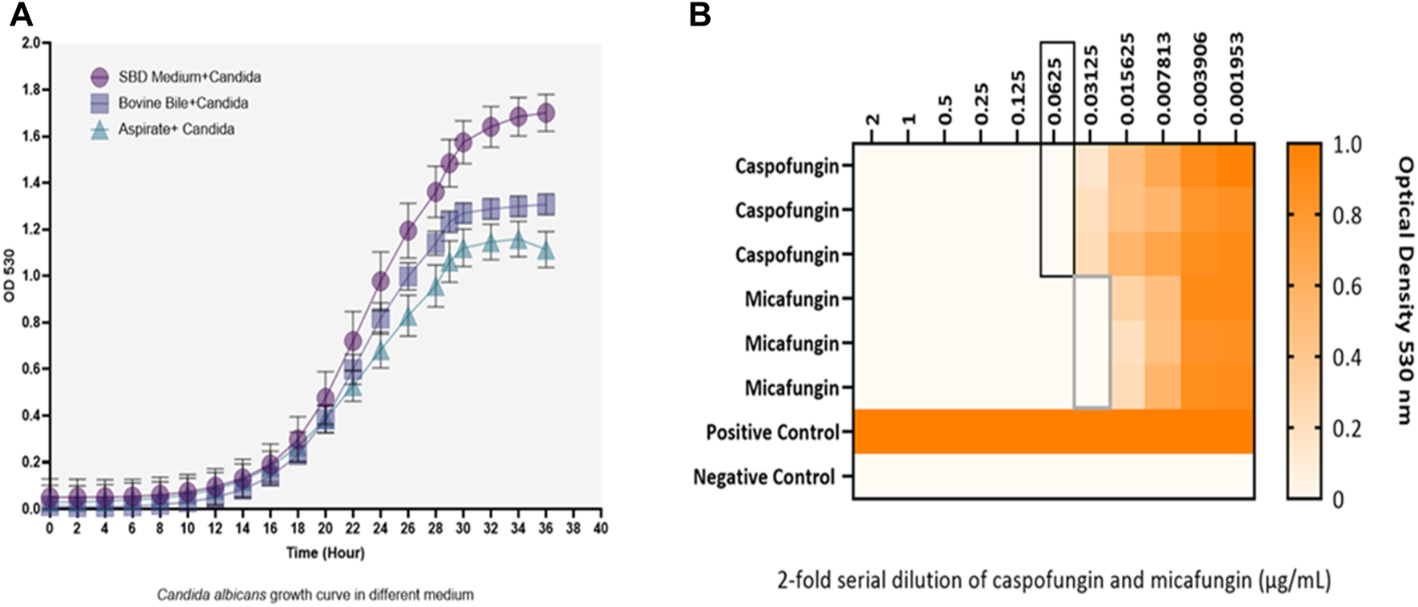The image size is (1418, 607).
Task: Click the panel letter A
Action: pos(21,14)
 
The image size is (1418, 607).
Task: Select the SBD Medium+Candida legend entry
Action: pos(189,77)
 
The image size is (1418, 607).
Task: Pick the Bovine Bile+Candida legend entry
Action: pos(182,103)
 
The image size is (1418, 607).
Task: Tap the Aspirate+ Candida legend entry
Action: pos(176,129)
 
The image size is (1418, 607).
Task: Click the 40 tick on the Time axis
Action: pos(600,529)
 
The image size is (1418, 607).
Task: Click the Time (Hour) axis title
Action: pos(325,553)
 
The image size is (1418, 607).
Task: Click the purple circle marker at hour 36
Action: pos(546,114)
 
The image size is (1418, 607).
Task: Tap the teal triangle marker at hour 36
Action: pos(546,251)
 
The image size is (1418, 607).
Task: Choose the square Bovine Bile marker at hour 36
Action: pos(546,205)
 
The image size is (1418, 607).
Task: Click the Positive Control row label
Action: pos(772,432)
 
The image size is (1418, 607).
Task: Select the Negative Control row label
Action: pos(765,477)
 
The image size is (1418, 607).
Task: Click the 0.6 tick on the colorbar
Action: pos(1347,287)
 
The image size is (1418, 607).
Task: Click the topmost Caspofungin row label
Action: pos(787,167)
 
